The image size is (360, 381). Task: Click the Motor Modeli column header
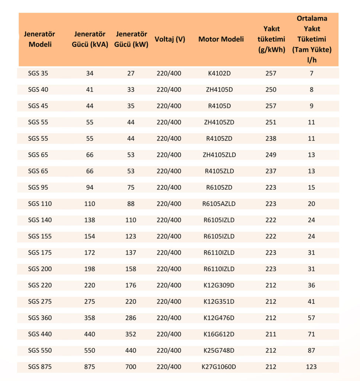point(221,39)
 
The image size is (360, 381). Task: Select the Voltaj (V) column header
point(170,39)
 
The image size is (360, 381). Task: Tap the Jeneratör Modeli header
point(39,39)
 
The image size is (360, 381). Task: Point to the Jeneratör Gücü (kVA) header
point(90,39)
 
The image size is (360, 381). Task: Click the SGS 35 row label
point(38,73)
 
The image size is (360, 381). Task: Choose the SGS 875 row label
point(40,367)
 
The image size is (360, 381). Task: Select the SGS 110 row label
point(40,204)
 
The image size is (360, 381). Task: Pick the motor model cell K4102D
point(219,73)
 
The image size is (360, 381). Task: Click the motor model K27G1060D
point(219,367)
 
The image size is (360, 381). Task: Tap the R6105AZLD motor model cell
point(219,204)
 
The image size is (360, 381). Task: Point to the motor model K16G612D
point(219,334)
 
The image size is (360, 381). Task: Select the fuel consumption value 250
point(271,90)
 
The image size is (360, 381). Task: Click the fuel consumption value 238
point(271,138)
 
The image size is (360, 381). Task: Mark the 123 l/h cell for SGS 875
point(311,367)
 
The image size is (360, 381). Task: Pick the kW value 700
point(131,367)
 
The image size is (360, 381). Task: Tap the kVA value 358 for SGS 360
point(90,318)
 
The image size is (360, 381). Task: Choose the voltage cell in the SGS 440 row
point(169,334)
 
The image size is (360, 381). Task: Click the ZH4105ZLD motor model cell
point(219,155)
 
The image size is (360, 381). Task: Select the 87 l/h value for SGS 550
point(311,350)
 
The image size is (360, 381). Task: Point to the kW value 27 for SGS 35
point(131,73)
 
